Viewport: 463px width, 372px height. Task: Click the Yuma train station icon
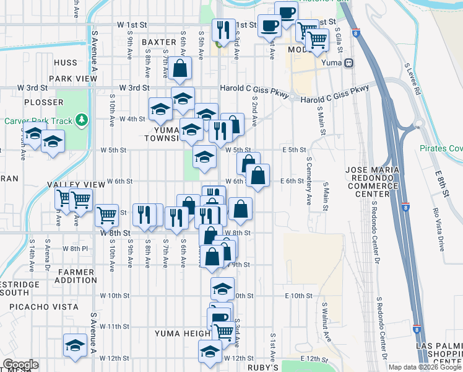349,63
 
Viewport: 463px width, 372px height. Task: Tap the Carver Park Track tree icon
81,120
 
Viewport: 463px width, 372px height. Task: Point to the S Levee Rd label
412,78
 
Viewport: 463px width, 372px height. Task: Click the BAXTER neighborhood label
159,42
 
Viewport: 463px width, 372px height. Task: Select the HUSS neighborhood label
66,63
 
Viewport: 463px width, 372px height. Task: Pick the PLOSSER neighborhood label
43,102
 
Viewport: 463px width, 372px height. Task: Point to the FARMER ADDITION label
76,277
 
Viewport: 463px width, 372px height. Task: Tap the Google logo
20,365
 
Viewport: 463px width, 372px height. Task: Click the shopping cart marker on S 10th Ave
107,215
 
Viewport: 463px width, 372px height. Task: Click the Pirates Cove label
441,148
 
